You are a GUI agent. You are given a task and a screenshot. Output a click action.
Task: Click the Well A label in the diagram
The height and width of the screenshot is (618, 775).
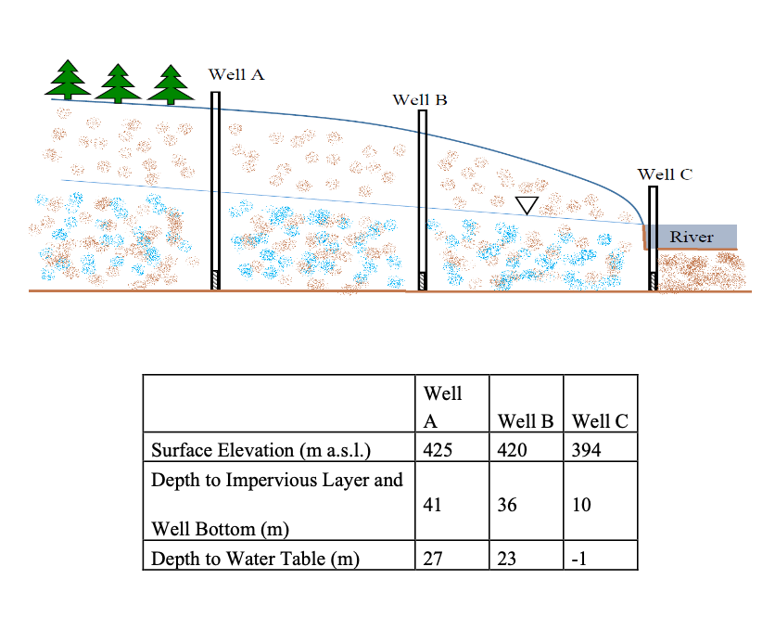(236, 74)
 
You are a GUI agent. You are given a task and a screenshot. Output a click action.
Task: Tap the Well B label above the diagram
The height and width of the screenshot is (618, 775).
(420, 99)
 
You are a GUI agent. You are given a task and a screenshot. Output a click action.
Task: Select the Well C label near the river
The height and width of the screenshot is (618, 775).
(665, 174)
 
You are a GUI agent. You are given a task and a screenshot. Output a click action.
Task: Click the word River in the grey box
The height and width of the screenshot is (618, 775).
(692, 237)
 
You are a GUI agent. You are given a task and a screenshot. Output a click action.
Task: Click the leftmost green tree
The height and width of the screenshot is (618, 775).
(68, 80)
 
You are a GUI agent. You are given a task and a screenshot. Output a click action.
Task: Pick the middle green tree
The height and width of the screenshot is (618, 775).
(118, 84)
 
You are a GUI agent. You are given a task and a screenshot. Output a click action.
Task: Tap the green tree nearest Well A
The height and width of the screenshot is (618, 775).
(170, 84)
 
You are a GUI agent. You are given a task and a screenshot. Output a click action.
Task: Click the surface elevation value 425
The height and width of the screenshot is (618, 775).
(437, 451)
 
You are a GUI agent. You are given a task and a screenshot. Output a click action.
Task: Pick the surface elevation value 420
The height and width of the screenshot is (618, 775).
(513, 451)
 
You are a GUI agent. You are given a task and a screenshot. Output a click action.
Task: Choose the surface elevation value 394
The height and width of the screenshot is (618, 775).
(588, 451)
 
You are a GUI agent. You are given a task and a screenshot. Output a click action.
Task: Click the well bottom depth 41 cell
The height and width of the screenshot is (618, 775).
(432, 506)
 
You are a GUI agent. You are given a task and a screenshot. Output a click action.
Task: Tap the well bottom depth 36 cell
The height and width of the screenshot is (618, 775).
(508, 506)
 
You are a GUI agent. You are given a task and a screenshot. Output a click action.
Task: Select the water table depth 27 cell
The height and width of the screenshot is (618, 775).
(432, 559)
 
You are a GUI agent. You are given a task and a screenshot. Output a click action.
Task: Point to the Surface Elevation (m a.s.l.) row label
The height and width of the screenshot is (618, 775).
(260, 452)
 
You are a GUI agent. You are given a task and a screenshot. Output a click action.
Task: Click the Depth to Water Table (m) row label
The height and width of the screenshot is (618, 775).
(255, 559)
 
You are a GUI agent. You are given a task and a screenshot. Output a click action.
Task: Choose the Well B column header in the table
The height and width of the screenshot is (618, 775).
(527, 420)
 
